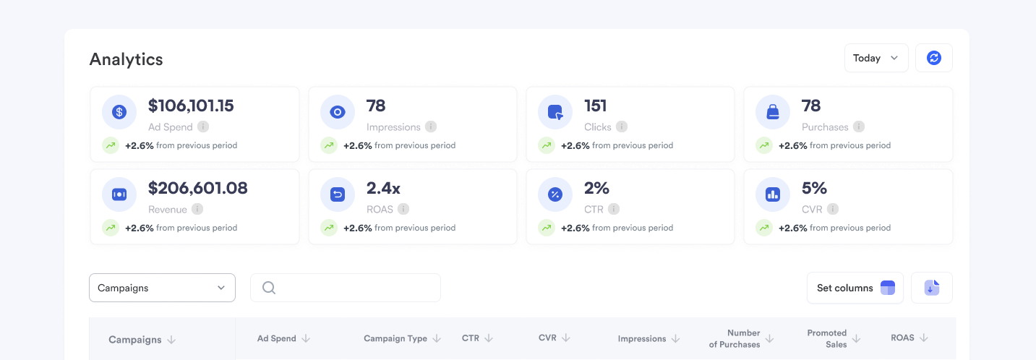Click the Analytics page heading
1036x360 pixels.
126,59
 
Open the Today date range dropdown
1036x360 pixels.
876,58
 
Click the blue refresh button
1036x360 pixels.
933,58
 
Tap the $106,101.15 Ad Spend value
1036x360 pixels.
191,106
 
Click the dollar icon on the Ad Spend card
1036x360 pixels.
119,112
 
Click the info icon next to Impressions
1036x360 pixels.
431,127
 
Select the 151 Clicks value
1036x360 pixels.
596,106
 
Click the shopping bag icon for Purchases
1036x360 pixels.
773,112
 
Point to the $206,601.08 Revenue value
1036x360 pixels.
197,188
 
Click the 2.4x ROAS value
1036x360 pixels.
383,188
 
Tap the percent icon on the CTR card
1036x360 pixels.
555,194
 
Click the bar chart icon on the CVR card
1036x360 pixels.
773,194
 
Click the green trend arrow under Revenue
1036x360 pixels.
110,228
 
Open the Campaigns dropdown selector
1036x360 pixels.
162,288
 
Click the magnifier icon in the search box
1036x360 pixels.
269,288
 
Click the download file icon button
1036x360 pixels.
931,288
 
